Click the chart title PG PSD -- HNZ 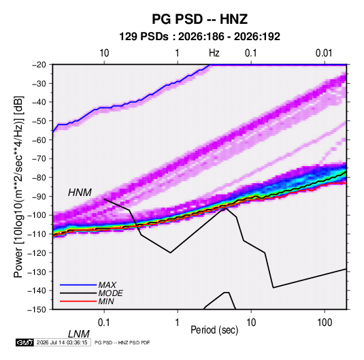(x=199, y=19)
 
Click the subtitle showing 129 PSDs (x=199, y=37)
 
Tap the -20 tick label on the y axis (x=39, y=65)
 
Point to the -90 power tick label (x=39, y=196)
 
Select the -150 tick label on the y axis (x=37, y=310)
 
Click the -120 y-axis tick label (x=37, y=252)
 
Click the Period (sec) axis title (x=214, y=330)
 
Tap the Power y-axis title (x=18, y=186)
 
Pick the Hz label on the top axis (x=214, y=53)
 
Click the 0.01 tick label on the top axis (x=324, y=53)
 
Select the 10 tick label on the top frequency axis (x=104, y=53)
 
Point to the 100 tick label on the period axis (x=325, y=323)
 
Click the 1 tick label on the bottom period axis (x=178, y=323)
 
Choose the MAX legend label (x=107, y=285)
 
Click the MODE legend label (x=110, y=293)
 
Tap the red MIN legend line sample (x=78, y=301)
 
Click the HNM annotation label (x=80, y=193)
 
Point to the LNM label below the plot (x=78, y=334)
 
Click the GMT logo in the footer (x=24, y=342)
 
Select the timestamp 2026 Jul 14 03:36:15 (x=62, y=342)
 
